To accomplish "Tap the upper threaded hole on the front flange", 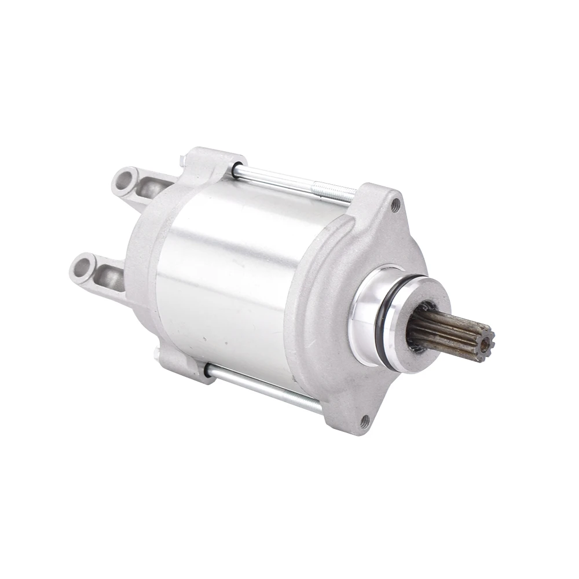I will pos(395,204).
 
